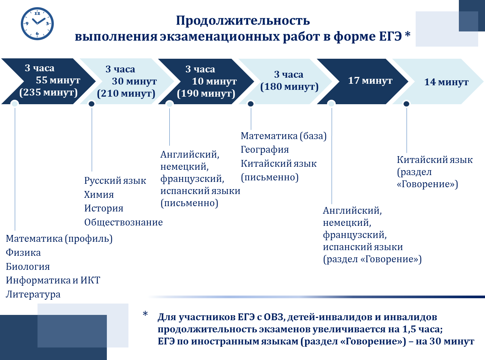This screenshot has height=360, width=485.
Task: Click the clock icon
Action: pyautogui.click(x=37, y=23)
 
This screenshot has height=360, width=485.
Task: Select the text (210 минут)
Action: pyautogui.click(x=126, y=94)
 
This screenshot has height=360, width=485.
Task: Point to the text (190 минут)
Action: pyautogui.click(x=206, y=94)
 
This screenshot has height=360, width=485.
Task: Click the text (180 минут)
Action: pyautogui.click(x=289, y=87)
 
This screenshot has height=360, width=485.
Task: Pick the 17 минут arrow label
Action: pyautogui.click(x=370, y=81)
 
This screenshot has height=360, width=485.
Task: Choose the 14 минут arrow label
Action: pyautogui.click(x=446, y=82)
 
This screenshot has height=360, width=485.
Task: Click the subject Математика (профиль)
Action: pyautogui.click(x=59, y=239)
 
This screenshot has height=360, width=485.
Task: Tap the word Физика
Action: pyautogui.click(x=23, y=253)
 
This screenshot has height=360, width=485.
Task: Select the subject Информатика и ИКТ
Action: pyautogui.click(x=53, y=280)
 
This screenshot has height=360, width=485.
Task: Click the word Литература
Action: pyautogui.click(x=33, y=294)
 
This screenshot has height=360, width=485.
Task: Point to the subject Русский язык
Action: pyautogui.click(x=115, y=181)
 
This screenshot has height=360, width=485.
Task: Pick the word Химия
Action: pyautogui.click(x=99, y=195)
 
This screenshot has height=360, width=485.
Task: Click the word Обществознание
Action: pyautogui.click(x=124, y=222)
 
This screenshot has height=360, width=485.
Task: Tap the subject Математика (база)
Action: pyautogui.click(x=283, y=136)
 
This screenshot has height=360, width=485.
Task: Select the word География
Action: pyautogui.click(x=265, y=150)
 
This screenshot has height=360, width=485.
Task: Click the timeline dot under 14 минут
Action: pyautogui.click(x=406, y=103)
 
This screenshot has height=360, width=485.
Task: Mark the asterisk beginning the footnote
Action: pyautogui.click(x=145, y=315)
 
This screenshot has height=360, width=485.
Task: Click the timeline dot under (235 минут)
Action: pyautogui.click(x=14, y=103)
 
